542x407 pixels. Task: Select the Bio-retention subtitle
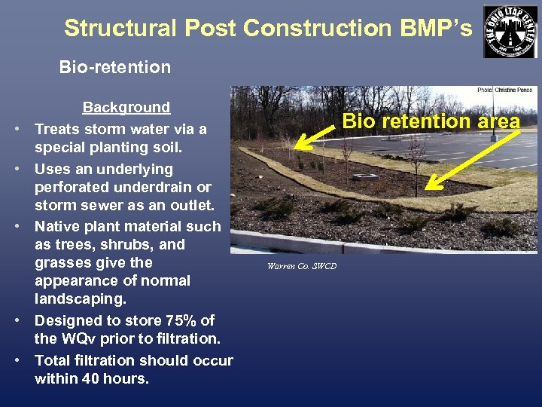(115, 67)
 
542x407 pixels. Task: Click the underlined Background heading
(126, 108)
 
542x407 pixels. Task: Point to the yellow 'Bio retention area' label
(431, 121)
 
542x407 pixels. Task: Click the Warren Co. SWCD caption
(301, 266)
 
